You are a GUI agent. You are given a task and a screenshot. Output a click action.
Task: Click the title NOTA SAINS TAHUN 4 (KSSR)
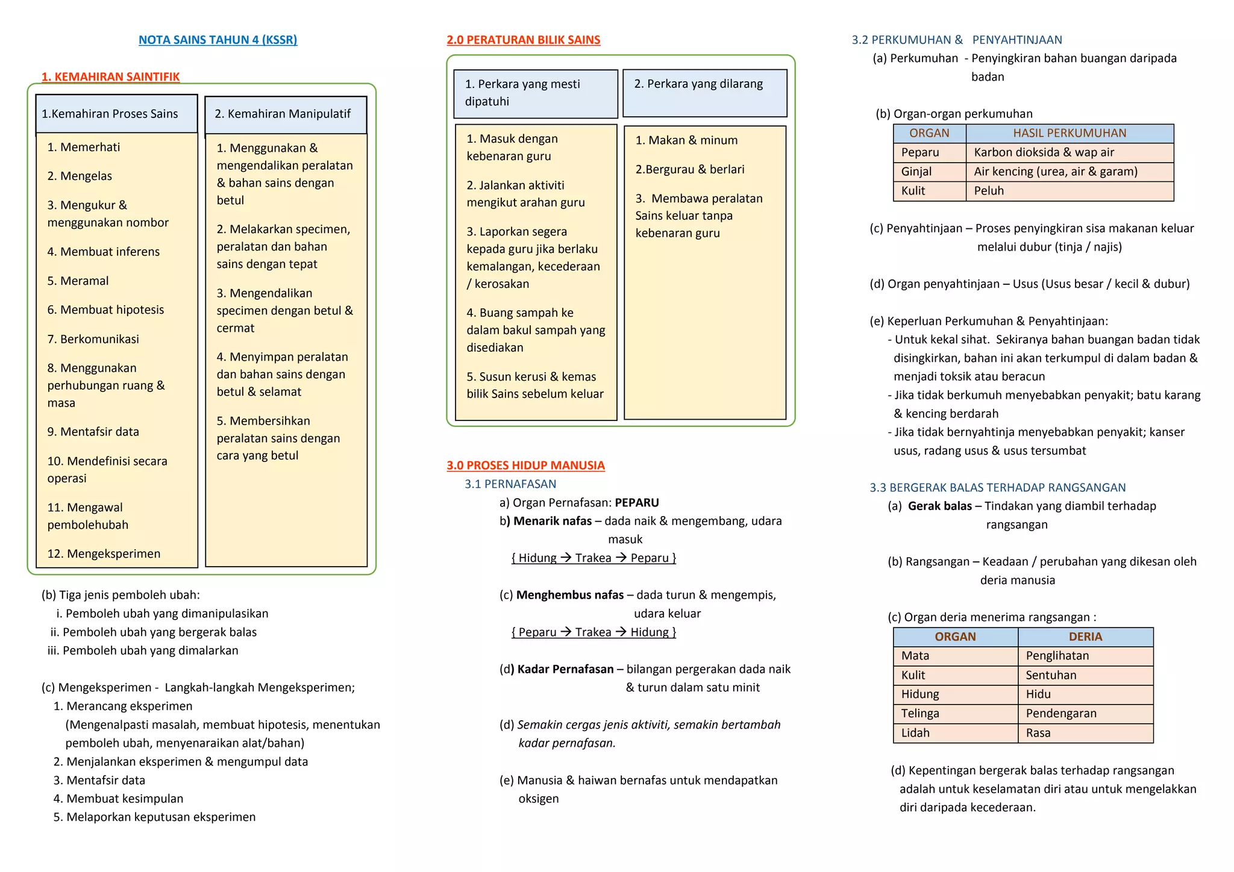218,40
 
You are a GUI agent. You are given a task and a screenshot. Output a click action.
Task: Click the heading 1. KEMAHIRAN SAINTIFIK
110,76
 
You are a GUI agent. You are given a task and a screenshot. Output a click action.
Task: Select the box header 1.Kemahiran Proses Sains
110,114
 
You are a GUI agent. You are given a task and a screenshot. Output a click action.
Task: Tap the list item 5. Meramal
78,281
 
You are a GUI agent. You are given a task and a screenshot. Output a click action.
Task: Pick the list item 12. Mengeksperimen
104,553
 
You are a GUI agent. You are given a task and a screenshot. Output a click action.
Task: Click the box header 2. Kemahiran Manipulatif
283,114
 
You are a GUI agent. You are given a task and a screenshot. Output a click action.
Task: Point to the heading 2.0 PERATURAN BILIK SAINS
523,40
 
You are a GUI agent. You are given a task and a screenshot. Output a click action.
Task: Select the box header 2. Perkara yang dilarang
698,84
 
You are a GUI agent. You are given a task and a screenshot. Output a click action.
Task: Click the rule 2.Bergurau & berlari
690,169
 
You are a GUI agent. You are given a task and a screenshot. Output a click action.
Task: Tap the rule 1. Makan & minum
686,140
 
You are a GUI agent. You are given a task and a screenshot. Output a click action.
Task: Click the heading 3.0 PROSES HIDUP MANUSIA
525,466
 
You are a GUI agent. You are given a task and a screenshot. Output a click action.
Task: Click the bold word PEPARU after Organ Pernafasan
637,502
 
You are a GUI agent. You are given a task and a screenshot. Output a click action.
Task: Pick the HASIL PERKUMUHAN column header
1070,133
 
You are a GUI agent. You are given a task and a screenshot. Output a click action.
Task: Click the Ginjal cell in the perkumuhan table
916,172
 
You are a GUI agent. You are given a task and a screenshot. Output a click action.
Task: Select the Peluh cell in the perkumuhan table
989,191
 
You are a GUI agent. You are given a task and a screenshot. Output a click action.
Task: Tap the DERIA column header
1085,637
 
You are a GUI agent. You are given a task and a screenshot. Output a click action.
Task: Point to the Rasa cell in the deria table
1038,733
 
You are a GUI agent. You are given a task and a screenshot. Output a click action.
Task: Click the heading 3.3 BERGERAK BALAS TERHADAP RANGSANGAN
997,488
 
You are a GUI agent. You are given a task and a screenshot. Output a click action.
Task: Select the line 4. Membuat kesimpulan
118,799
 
